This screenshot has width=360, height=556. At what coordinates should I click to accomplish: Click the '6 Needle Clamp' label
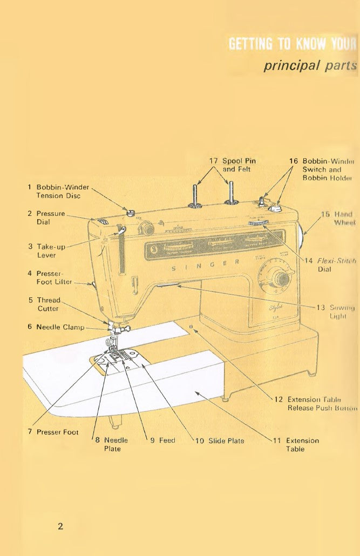point(59,327)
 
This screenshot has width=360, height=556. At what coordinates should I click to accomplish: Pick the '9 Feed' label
point(162,440)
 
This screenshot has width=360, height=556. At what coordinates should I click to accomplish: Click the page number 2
point(60,526)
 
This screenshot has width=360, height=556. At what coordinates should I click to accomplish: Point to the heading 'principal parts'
point(310,66)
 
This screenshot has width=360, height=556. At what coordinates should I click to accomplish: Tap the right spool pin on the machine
point(231,192)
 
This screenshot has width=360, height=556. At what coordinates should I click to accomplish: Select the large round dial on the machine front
point(279,279)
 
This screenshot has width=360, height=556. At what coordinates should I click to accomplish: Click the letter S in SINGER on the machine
point(173,268)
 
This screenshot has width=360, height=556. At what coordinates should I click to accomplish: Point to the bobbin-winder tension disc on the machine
point(130,212)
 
